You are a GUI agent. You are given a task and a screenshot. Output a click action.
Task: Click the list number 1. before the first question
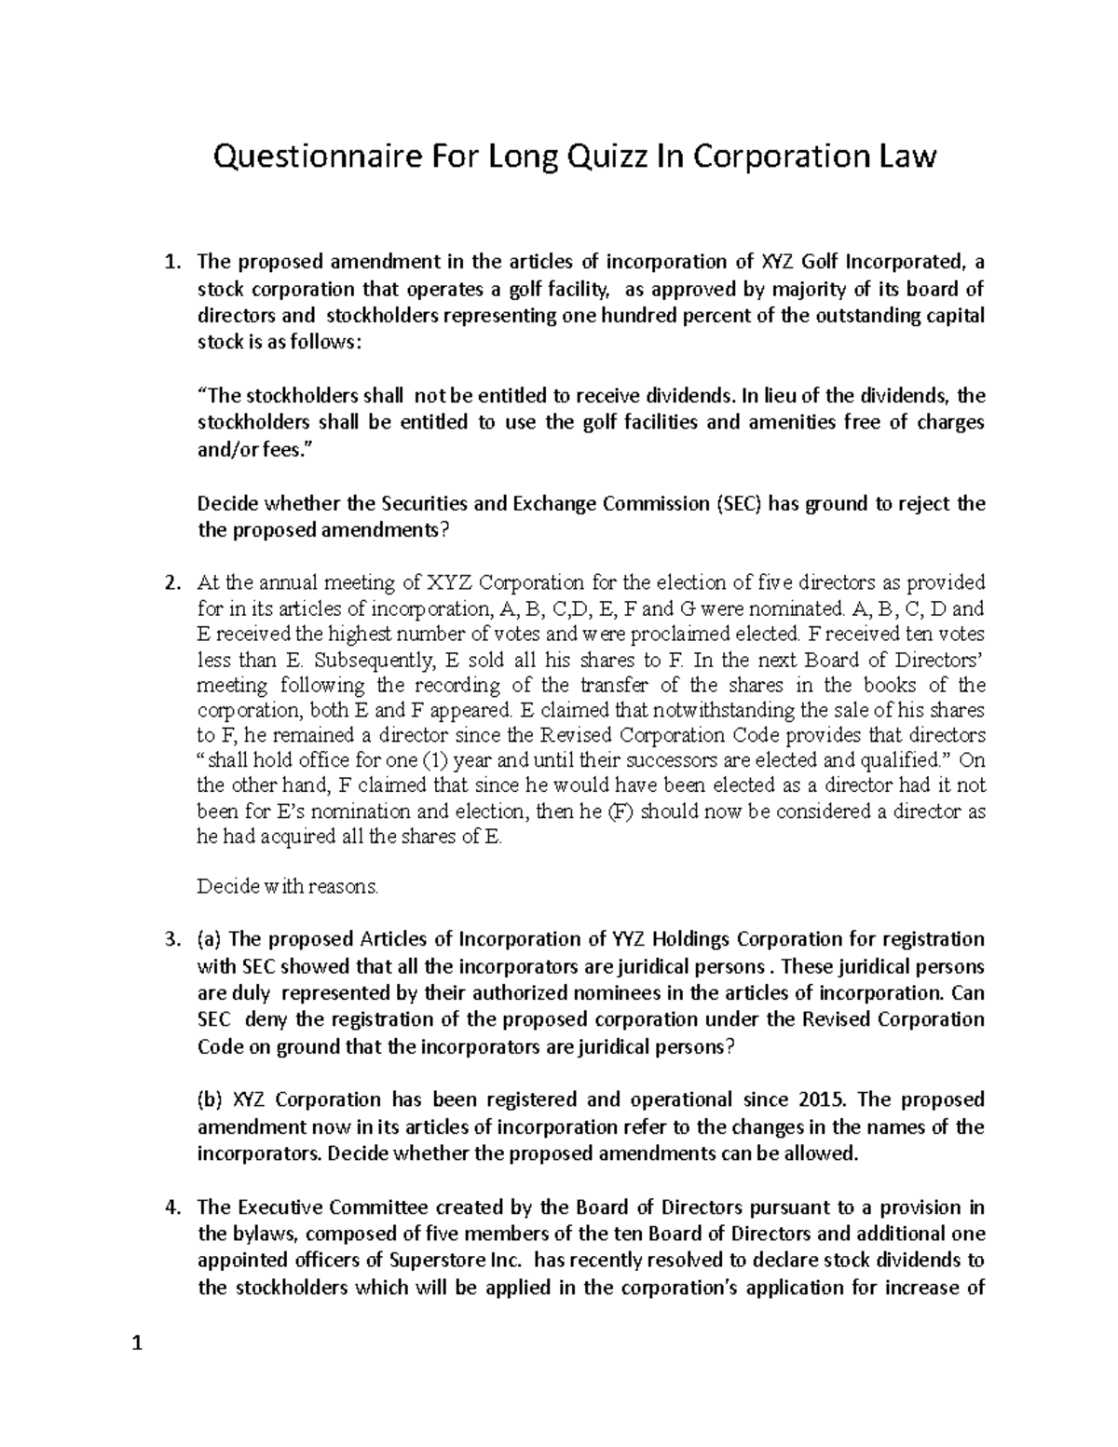point(170,262)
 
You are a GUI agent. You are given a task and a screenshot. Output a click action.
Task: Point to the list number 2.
point(170,584)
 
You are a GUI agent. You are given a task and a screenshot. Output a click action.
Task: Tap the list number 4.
point(170,1208)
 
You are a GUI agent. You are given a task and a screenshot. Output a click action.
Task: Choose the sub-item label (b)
point(211,1099)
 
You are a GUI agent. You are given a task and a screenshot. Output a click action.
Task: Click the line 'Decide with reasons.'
point(288,886)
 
